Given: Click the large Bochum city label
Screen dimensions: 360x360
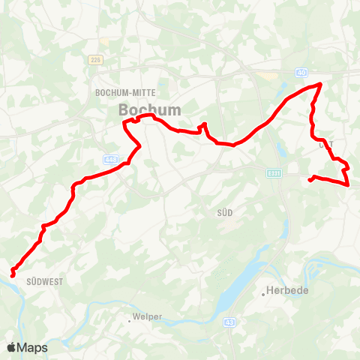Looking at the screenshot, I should [x=150, y=109].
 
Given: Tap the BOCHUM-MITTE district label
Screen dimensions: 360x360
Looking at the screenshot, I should [x=125, y=92].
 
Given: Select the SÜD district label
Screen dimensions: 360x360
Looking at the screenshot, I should [x=224, y=213].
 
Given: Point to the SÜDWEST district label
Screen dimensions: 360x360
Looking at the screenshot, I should [x=43, y=282].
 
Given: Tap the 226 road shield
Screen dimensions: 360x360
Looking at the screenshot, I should [x=94, y=59].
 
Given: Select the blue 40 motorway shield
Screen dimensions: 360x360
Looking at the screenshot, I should [x=301, y=73].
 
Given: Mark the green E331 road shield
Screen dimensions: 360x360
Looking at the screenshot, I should [x=274, y=172].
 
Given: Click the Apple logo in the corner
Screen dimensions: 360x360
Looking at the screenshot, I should [x=12, y=347].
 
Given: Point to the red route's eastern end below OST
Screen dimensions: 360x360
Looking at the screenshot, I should [x=310, y=179].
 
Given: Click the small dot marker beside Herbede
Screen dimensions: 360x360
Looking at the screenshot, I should [x=264, y=295].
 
